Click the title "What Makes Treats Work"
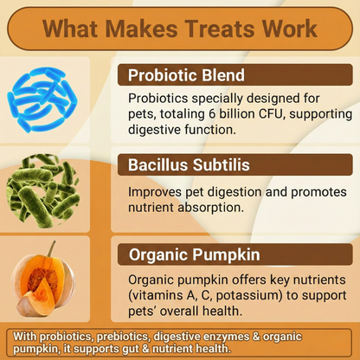pos(179,29)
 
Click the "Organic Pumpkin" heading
pos(193,254)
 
